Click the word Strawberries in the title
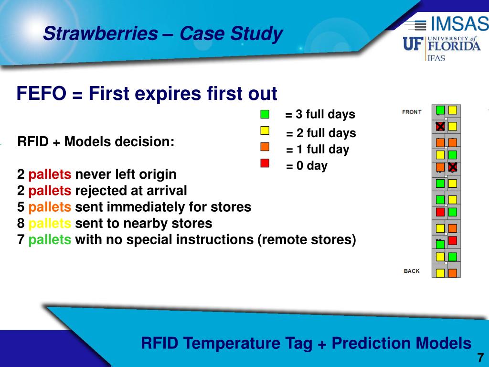click(x=100, y=33)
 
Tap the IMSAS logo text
click(x=460, y=23)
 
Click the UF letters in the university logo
click(x=413, y=43)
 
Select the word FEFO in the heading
click(x=41, y=93)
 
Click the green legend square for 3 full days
click(x=265, y=114)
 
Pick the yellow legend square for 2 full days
click(x=265, y=130)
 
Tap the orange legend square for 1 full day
click(x=265, y=147)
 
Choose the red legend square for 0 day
click(x=265, y=163)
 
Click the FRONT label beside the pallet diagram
click(x=412, y=112)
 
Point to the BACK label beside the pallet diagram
click(x=412, y=271)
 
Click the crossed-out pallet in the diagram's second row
click(x=440, y=126)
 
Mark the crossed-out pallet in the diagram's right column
click(x=453, y=167)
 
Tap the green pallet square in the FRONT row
click(x=440, y=110)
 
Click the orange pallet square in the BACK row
click(x=453, y=273)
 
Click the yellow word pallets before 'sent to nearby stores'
click(x=50, y=224)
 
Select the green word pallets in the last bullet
click(x=50, y=240)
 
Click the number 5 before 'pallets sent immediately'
click(x=21, y=207)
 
